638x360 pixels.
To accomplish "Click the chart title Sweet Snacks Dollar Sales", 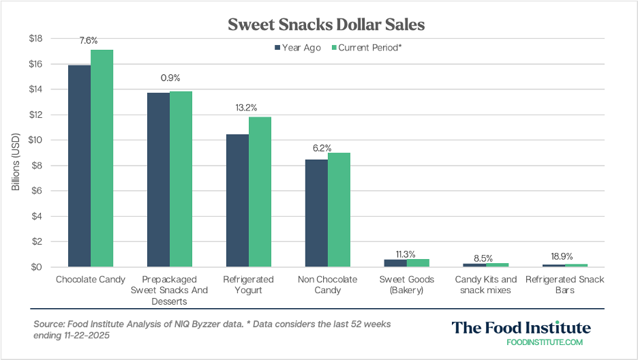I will tap(326, 25).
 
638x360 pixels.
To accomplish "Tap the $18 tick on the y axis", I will tap(35, 39).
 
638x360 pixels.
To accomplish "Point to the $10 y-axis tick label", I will tap(35, 140).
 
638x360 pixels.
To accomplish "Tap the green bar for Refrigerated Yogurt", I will tap(260, 192).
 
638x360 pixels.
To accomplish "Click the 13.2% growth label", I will tap(248, 106).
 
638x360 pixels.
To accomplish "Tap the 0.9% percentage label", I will tap(170, 78).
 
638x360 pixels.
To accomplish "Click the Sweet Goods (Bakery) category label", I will tap(406, 285).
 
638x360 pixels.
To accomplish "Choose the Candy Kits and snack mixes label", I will tap(485, 285).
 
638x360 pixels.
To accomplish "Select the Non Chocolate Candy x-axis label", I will tap(327, 285).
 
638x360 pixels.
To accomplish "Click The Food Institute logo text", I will tap(521, 328).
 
